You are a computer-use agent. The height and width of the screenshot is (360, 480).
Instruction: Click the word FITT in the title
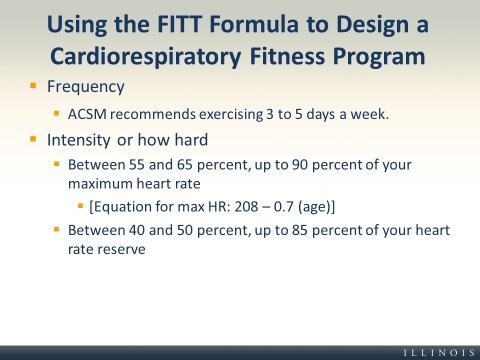point(179,24)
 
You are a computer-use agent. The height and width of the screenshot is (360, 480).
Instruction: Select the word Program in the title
point(379,57)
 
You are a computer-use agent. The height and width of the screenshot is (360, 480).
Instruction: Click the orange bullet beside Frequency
point(33,86)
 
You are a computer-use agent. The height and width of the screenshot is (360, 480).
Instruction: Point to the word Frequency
point(86,87)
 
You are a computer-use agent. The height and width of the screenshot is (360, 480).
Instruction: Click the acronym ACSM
point(87,114)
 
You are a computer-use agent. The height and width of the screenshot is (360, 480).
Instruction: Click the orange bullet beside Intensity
point(33,139)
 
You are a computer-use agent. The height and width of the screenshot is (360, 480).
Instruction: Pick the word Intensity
point(79,140)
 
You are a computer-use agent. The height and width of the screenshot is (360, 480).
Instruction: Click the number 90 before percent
point(300,165)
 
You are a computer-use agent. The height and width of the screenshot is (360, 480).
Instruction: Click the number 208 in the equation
point(246,207)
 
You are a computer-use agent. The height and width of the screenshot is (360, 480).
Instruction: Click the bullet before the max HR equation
point(80,206)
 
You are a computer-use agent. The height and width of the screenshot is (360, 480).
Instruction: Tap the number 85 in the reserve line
point(300,230)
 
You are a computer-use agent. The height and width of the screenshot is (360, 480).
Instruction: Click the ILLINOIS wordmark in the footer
point(439,353)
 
